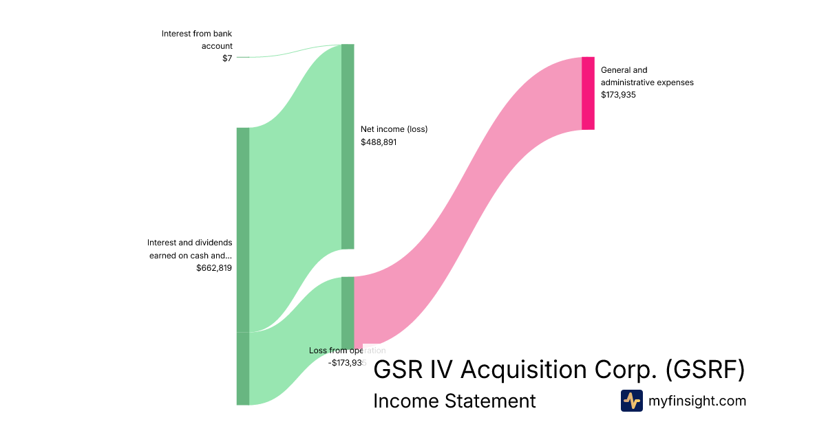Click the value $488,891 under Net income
(379, 142)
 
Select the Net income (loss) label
(394, 129)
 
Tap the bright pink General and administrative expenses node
(588, 93)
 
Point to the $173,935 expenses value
(618, 95)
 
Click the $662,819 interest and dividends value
(214, 268)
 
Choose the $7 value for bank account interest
(227, 58)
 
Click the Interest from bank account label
(197, 39)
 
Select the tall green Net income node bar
(348, 146)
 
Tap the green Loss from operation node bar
(348, 313)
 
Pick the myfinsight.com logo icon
(631, 401)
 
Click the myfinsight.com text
(697, 401)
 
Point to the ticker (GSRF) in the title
(706, 370)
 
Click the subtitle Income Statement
(454, 401)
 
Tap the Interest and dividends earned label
(190, 249)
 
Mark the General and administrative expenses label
(647, 76)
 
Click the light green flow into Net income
(296, 186)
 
